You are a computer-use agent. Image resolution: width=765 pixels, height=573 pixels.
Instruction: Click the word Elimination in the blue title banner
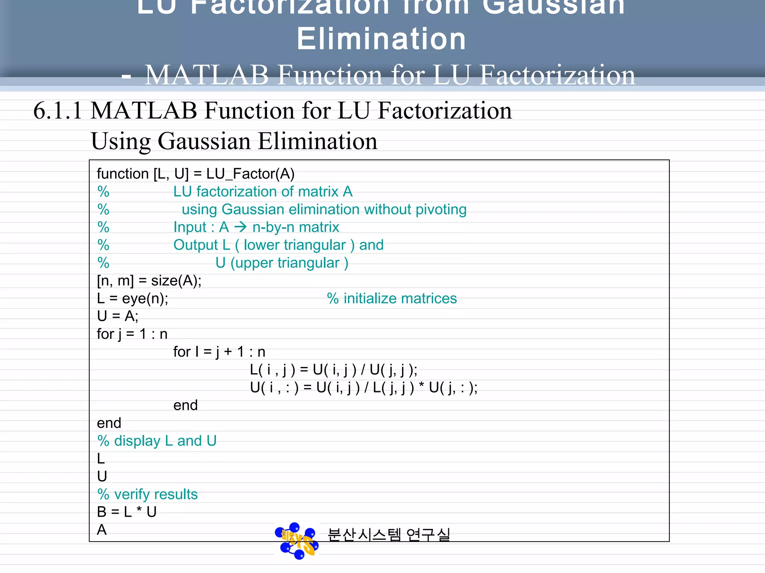tap(381, 39)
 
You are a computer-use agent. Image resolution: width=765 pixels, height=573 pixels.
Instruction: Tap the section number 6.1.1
tap(58, 111)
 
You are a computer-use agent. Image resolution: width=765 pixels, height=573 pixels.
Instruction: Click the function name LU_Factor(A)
tap(250, 174)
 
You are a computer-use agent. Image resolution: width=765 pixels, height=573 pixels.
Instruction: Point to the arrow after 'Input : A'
tap(241, 227)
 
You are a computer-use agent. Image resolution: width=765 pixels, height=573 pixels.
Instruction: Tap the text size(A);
tap(176, 281)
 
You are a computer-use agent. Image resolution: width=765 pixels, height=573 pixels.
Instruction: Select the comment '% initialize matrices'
tap(392, 298)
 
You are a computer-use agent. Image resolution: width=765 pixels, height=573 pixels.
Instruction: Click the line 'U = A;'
tap(117, 316)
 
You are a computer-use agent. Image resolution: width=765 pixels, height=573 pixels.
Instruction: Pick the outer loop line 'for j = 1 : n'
tap(132, 334)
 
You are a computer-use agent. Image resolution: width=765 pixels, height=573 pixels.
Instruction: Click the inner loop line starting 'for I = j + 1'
tap(219, 352)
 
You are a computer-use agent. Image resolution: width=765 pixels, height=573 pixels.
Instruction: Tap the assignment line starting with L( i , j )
tap(334, 370)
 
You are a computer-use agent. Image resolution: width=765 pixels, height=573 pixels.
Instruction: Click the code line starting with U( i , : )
tap(363, 388)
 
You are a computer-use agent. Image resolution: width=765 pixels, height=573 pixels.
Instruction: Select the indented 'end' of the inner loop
tap(185, 406)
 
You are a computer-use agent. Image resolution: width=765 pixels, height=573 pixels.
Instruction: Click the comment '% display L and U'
tap(157, 441)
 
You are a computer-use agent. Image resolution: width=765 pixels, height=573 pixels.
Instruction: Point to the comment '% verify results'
tap(148, 494)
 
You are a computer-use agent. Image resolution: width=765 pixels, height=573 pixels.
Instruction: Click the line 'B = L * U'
tap(127, 512)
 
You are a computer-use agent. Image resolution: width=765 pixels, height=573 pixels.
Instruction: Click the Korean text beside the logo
tap(388, 535)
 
